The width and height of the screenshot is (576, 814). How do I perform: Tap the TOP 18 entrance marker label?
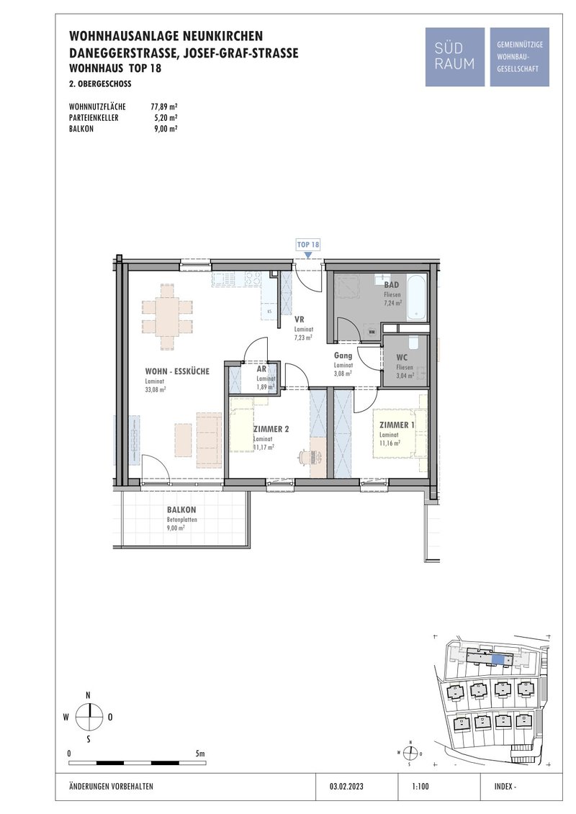308,245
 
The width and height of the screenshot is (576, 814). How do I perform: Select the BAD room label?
391,285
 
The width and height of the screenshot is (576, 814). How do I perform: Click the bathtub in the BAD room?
417,297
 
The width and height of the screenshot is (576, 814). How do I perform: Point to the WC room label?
402,358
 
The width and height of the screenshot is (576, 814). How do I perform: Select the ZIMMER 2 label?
271,429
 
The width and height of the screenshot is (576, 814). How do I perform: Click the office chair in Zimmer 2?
307,457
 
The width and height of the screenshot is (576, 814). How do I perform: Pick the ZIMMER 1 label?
397,425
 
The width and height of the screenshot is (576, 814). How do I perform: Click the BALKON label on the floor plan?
181,510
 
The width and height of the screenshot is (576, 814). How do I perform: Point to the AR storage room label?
262,368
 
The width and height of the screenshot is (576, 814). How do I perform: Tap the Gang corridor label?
343,356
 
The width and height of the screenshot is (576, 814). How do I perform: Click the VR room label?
300,320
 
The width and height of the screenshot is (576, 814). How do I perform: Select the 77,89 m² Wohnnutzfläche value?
164,107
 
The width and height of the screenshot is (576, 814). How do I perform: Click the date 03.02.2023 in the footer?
346,786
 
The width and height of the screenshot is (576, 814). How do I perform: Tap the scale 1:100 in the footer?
420,786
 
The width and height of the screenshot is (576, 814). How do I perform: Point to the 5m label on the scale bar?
200,754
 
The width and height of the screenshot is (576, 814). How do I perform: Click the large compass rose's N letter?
89,695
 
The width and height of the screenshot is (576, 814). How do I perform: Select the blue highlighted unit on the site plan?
498,659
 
